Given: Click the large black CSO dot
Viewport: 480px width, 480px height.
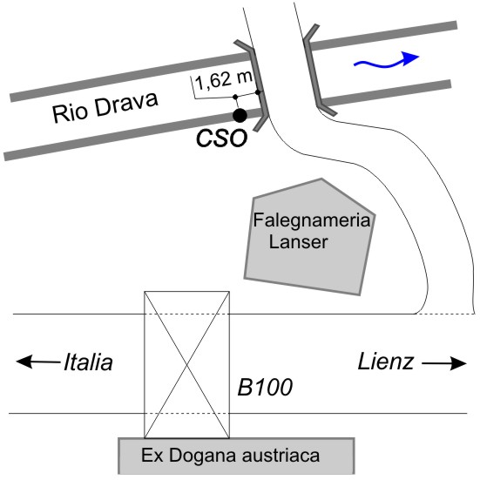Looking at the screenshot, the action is click(240, 115).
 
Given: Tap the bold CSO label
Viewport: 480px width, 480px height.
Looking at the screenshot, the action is click(221, 139).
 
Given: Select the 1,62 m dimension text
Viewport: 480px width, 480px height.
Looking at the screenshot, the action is click(223, 80).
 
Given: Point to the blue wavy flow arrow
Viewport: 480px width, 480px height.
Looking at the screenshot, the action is click(386, 60).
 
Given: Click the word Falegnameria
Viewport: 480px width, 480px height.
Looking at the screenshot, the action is click(312, 220).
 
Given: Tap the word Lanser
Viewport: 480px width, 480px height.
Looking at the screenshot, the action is click(298, 242).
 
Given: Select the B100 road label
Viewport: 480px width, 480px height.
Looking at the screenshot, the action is click(265, 388).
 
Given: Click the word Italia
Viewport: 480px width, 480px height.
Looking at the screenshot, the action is click(88, 362).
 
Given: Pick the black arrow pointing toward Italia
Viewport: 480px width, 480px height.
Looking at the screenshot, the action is click(38, 362).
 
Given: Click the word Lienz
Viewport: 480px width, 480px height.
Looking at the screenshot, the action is click(386, 362).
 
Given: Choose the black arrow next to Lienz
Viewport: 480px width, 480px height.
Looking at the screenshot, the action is click(444, 363).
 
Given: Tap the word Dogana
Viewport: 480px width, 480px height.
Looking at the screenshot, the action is click(203, 456).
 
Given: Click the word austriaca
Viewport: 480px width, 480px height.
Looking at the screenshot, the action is click(281, 456).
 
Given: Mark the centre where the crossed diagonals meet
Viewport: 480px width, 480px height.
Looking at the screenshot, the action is click(186, 365).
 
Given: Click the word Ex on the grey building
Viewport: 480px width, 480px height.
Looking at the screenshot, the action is click(152, 456).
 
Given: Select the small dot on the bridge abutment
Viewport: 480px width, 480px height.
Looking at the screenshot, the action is click(258, 92).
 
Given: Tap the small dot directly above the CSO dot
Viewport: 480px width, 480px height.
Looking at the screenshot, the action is click(235, 97).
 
